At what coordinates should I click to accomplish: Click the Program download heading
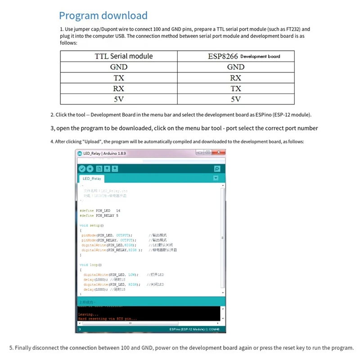(x=103, y=16)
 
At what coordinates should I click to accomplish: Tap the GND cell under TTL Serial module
(x=119, y=67)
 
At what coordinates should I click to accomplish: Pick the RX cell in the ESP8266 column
(x=236, y=78)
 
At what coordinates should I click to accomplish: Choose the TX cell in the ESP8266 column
(x=236, y=89)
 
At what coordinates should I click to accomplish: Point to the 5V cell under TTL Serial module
(x=119, y=99)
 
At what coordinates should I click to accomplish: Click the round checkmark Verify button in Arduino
(x=81, y=169)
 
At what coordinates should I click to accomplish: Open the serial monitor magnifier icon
(x=217, y=169)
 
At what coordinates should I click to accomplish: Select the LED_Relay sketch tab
(x=92, y=179)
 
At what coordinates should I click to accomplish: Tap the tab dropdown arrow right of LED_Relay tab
(x=216, y=178)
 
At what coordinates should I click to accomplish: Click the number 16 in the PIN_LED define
(x=118, y=211)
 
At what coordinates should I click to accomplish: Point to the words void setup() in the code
(x=91, y=225)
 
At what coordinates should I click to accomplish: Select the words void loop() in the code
(x=90, y=265)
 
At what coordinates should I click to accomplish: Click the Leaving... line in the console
(x=88, y=314)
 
